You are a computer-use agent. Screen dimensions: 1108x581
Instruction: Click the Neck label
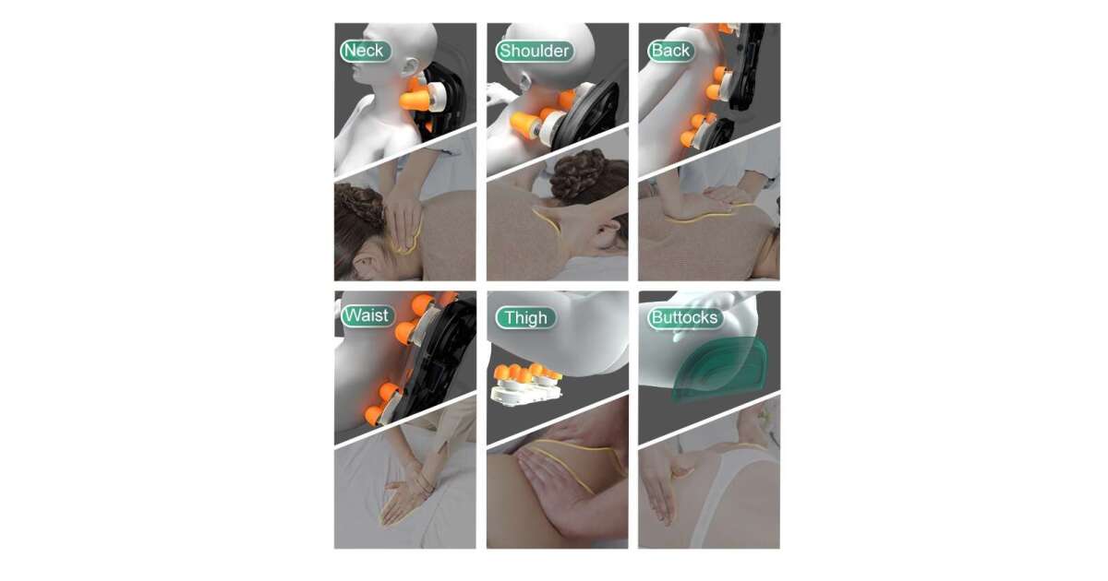[366, 51]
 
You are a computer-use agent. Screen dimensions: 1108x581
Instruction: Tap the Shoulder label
[535, 51]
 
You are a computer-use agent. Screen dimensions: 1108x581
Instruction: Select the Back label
[670, 51]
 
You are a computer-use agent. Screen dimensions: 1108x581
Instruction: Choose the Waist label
[367, 315]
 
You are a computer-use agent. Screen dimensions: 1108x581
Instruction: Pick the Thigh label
[525, 317]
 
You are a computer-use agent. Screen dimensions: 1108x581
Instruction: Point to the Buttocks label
[685, 317]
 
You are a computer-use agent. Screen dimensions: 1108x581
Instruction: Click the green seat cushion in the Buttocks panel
[720, 368]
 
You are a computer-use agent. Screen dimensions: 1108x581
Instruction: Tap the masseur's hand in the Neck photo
[404, 218]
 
